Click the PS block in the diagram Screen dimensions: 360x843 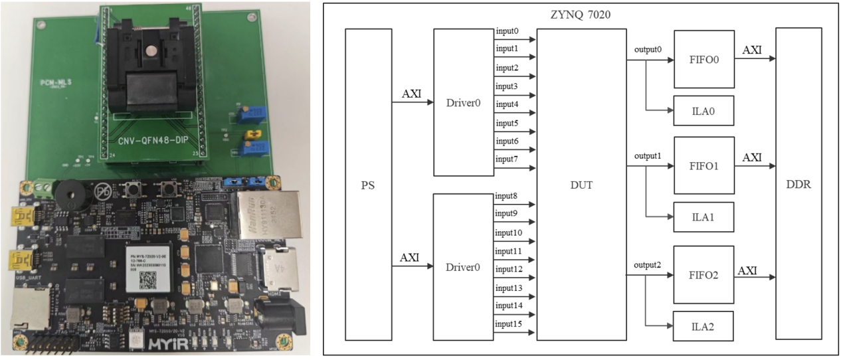coord(368,185)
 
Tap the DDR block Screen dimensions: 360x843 coord(796,185)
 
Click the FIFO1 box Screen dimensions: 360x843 coord(703,165)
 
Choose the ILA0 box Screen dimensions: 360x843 coord(703,111)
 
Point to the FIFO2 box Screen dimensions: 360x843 coord(703,273)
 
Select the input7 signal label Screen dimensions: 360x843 coord(507,159)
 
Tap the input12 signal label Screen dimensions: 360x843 coord(509,269)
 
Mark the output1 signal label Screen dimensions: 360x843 coord(648,156)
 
